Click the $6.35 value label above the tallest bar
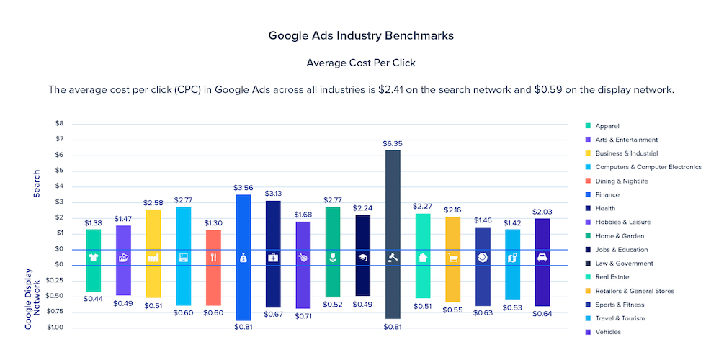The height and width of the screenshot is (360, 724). pos(393,144)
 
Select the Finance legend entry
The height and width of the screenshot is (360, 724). pos(607,194)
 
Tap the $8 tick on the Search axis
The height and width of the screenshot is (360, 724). pos(59,124)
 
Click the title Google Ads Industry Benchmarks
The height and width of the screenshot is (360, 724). pos(361,35)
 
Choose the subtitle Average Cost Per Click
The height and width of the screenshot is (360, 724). pos(361,63)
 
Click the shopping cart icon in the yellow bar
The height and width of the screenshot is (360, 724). pos(453,257)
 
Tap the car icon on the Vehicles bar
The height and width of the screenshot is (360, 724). pos(542,257)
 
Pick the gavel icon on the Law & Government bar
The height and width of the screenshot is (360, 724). pos(393,257)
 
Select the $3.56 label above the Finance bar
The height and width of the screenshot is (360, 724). pos(243,188)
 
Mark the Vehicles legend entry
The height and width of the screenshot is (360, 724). pos(608,332)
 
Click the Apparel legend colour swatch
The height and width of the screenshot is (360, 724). pos(589,126)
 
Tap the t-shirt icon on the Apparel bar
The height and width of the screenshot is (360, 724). pos(94,257)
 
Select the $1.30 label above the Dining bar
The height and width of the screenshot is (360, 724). pos(213,223)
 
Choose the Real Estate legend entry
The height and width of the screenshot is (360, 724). pos(612,277)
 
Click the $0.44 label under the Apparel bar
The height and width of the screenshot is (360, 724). pos(94,298)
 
